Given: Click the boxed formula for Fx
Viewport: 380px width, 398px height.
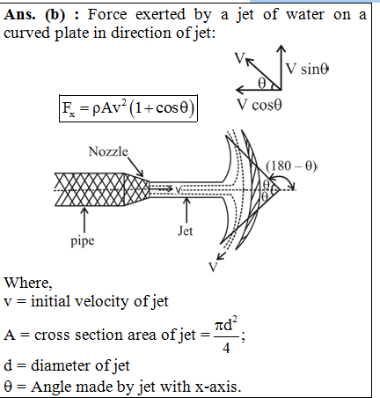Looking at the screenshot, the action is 128,108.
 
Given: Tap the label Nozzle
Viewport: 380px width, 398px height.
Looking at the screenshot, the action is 108,151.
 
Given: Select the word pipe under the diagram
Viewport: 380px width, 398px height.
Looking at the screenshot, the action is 83,241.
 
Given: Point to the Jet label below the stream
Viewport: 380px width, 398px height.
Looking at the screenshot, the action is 186,231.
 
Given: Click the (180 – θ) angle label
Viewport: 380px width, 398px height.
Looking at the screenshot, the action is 291,166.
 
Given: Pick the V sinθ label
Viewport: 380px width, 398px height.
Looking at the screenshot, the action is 307,69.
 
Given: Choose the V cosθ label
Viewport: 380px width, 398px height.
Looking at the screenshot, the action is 259,105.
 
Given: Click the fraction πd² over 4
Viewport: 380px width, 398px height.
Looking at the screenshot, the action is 226,335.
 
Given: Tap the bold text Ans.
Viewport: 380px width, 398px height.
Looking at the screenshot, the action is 20,14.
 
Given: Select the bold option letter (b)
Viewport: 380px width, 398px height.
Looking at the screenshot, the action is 55,15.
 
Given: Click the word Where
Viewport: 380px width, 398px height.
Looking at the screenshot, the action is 28,283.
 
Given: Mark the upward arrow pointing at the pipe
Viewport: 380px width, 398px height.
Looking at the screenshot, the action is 84,220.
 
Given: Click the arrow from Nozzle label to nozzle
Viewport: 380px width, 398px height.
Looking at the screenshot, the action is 135,167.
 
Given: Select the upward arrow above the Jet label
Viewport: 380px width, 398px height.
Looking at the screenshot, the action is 186,210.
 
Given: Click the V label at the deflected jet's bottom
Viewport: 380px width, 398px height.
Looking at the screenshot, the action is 213,268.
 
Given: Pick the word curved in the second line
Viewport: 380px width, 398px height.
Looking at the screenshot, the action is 27,33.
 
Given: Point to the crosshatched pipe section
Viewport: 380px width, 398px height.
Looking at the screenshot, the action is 89,189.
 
